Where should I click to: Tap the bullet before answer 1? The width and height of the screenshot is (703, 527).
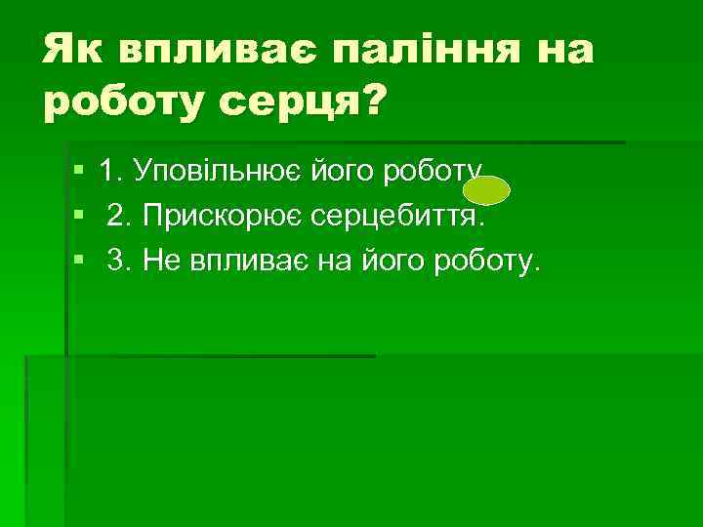(78, 172)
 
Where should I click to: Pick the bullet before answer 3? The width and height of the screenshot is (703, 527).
(78, 260)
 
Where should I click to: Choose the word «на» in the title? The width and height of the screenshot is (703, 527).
(563, 47)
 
